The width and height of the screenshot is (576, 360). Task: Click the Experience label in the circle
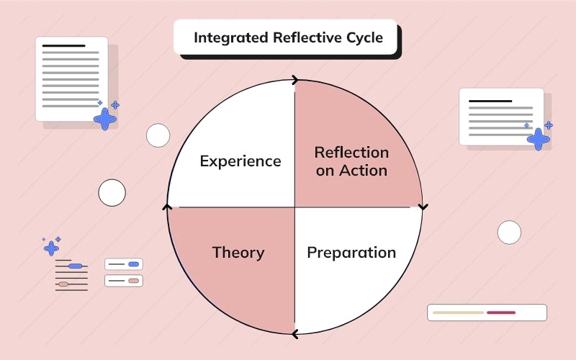[x=240, y=161]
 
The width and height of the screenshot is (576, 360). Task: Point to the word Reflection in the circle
[x=351, y=153]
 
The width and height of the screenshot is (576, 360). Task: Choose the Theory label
[x=238, y=253]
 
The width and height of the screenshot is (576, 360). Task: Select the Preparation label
[x=351, y=253]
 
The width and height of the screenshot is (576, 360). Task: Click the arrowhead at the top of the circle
[x=295, y=81]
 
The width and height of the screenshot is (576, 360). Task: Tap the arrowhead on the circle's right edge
[x=423, y=207]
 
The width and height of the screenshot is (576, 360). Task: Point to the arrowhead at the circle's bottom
[x=294, y=333]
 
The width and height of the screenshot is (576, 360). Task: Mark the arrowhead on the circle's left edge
[x=168, y=207]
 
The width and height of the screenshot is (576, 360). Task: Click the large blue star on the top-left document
[x=105, y=119]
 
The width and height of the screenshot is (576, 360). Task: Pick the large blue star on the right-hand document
[x=538, y=138]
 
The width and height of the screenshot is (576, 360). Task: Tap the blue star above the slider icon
[x=51, y=248]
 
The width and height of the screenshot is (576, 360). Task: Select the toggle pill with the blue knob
[x=124, y=264]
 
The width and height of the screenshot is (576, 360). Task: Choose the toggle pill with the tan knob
[x=124, y=280]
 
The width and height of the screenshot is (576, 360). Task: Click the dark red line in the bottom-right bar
[x=501, y=312]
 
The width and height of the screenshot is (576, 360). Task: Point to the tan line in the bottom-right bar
[x=458, y=312]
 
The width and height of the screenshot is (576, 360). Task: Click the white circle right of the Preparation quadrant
[x=509, y=233]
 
